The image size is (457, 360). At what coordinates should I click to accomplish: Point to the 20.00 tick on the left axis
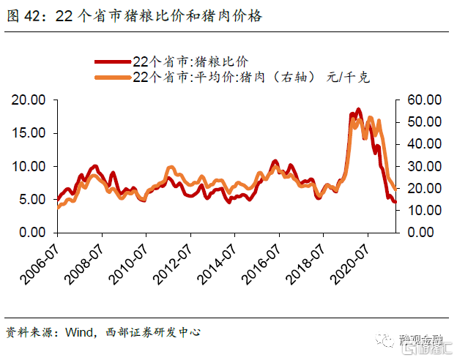point(28,100)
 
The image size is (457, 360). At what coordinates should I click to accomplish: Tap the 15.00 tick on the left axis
point(28,133)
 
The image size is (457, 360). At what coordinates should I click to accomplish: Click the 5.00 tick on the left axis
point(31,199)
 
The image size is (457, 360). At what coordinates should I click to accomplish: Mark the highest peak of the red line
point(358,110)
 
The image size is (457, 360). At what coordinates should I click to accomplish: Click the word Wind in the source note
point(78,332)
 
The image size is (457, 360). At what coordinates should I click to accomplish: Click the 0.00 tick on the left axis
point(31,232)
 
